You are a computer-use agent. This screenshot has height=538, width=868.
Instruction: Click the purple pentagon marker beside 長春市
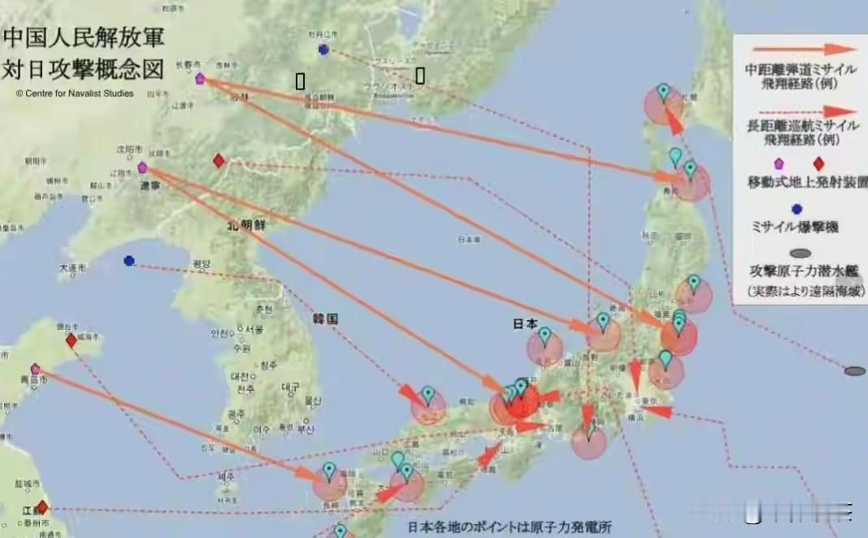point(200,79)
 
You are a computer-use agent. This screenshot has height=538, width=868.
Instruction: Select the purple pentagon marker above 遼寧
point(142,167)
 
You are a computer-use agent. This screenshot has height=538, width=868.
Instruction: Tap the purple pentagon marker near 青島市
point(35,369)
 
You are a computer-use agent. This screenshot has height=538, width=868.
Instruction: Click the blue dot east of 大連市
point(129,261)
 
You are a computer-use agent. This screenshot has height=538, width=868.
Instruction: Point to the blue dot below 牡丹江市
point(323,50)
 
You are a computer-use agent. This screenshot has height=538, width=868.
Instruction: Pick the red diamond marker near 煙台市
point(71,341)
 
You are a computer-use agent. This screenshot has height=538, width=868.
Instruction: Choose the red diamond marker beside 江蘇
point(41,508)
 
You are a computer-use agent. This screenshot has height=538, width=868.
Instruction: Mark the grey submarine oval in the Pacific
point(854,371)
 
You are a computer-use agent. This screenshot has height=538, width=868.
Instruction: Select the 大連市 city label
point(72,268)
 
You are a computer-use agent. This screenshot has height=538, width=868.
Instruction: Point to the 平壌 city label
point(200,264)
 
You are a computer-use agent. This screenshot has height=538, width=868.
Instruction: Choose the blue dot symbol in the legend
point(796,210)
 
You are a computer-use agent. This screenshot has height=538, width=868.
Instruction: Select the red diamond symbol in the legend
point(818,163)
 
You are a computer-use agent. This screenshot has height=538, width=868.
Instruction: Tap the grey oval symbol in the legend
point(800,254)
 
